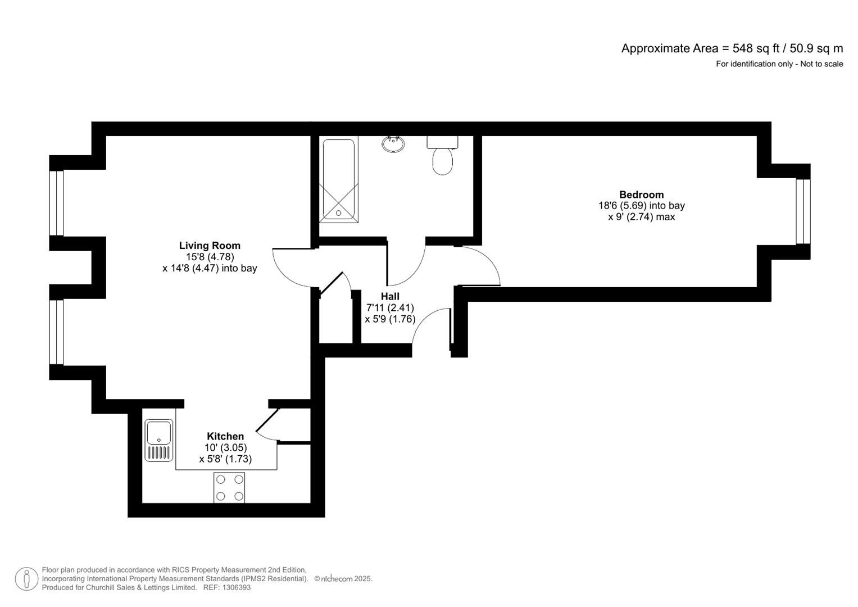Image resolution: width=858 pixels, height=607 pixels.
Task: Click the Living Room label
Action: [x=210, y=246]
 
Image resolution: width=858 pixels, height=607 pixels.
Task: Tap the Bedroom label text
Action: [x=641, y=195]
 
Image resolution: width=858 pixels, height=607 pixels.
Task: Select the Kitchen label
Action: [x=225, y=436]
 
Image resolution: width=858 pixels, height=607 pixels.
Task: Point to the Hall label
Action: [x=390, y=296]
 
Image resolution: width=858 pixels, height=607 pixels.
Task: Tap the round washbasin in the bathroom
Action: [x=393, y=144]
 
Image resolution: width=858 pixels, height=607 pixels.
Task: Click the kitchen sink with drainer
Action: [x=159, y=440]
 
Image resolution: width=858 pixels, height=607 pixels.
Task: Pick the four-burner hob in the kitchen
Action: [x=229, y=487]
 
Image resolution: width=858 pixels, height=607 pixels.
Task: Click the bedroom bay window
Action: [x=803, y=211]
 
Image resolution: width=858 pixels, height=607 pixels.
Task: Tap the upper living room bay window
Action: [x=56, y=203]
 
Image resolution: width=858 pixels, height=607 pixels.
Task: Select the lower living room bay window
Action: [x=56, y=332]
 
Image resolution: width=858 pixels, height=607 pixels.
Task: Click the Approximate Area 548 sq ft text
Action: [x=732, y=48]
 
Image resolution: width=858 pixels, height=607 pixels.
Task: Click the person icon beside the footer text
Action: [x=26, y=578]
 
